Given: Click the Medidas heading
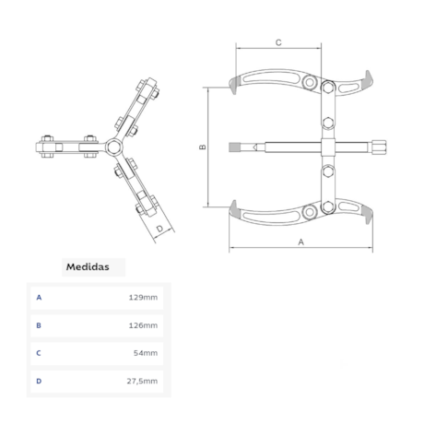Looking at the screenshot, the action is click(x=88, y=266).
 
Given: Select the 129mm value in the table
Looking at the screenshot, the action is click(x=143, y=298).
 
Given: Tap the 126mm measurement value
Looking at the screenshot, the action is click(x=143, y=325).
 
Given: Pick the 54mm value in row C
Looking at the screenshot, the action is click(x=146, y=353).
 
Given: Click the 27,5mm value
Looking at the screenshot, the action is click(x=142, y=381).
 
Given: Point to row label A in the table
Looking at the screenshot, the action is click(x=39, y=298).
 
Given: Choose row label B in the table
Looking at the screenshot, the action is click(x=39, y=325).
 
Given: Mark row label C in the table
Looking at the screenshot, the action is click(x=39, y=353).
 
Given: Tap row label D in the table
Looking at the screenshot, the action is click(x=39, y=381).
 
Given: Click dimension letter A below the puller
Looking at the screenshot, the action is click(x=301, y=242).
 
